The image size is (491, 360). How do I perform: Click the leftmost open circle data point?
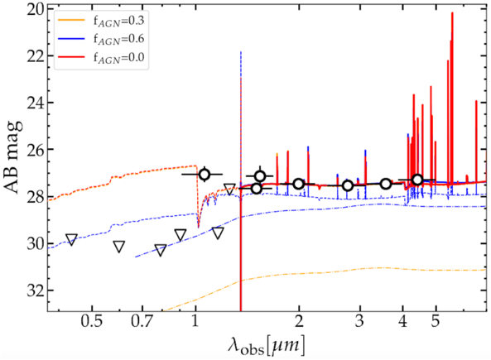[x=204, y=174]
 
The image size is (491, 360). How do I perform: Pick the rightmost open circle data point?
[x=417, y=180]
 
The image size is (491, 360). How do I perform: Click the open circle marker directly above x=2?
[x=298, y=184]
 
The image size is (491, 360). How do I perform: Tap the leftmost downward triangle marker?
[x=71, y=239]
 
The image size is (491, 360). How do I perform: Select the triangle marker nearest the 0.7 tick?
[x=161, y=250]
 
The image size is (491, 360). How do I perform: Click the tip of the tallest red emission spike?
[x=451, y=13]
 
